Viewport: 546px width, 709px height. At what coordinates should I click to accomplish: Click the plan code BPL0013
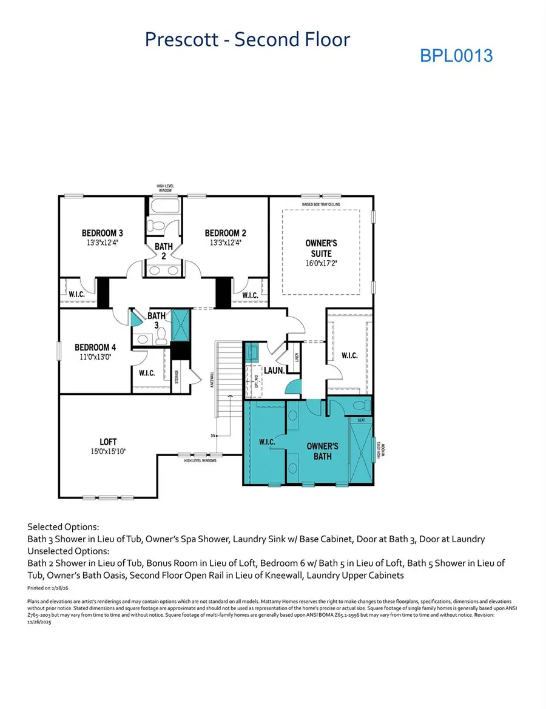pyautogui.click(x=456, y=56)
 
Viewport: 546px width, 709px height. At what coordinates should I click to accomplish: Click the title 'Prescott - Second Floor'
pyautogui.click(x=247, y=39)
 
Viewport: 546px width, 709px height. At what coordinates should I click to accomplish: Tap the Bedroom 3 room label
pyautogui.click(x=103, y=233)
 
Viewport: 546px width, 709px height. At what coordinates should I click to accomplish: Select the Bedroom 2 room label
pyautogui.click(x=225, y=233)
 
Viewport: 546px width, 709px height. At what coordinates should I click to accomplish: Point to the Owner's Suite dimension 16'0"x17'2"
pyautogui.click(x=321, y=264)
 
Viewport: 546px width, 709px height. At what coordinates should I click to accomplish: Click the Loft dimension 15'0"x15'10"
pyautogui.click(x=109, y=451)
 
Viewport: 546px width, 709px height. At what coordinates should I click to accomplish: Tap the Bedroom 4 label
pyautogui.click(x=95, y=348)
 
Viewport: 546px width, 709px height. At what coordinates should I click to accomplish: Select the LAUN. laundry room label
pyautogui.click(x=274, y=370)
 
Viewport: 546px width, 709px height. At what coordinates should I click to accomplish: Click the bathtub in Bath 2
pyautogui.click(x=163, y=210)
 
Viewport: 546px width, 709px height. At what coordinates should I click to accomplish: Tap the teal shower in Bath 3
pyautogui.click(x=181, y=326)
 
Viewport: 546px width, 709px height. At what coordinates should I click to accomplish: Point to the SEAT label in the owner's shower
pyautogui.click(x=361, y=420)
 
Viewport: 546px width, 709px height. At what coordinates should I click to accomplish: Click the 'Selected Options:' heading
pyautogui.click(x=63, y=527)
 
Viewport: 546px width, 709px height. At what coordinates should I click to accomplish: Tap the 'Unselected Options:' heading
pyautogui.click(x=69, y=551)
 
